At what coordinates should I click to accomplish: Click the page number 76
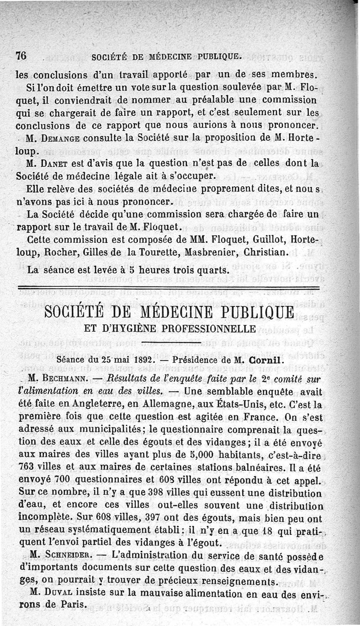(x=21, y=56)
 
